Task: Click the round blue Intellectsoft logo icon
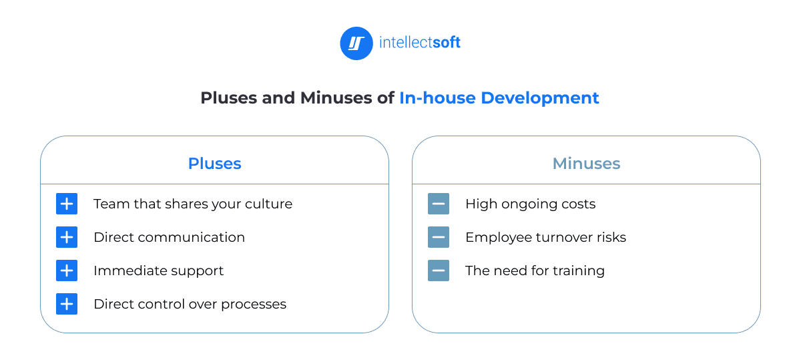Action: pos(356,43)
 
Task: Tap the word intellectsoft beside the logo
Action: pos(420,43)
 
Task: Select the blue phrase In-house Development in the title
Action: pos(499,98)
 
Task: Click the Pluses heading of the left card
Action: pos(214,164)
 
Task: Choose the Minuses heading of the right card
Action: pos(586,164)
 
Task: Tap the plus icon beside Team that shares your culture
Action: pos(67,204)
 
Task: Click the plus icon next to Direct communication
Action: pos(67,237)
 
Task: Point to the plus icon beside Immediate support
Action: pos(67,271)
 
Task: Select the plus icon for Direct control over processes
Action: pos(67,304)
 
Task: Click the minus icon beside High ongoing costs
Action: pos(439,204)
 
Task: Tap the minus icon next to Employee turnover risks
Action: pos(439,237)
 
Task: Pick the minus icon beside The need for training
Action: pos(439,271)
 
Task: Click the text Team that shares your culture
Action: pos(193,204)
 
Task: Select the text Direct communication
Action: pos(169,237)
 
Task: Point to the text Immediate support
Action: pos(158,271)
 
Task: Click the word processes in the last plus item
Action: pos(254,305)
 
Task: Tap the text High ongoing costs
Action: pos(530,204)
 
